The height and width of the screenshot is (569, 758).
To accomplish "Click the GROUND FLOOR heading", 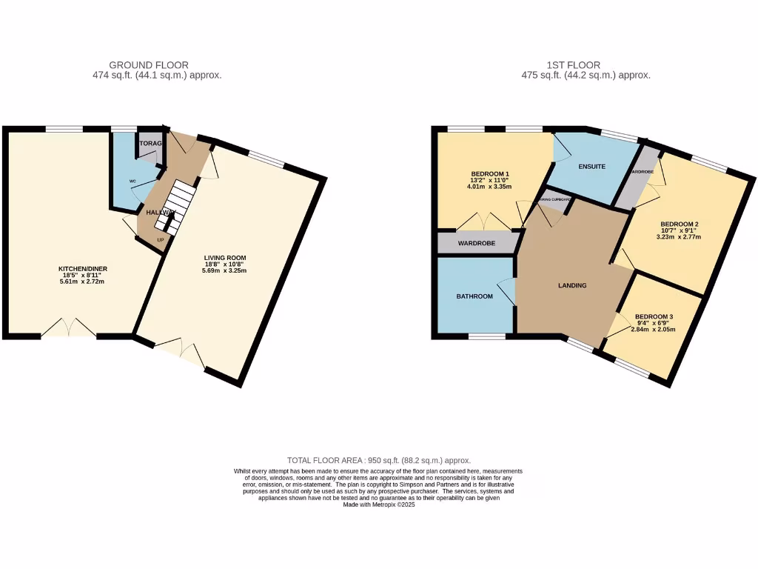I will pos(149,65).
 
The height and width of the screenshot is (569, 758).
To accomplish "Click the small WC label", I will pos(133,181).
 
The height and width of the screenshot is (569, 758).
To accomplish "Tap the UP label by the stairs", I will pos(160,240).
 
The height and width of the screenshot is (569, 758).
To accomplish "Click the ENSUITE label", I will pos(592,167).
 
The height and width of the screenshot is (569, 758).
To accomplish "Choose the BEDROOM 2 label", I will pos(680,224).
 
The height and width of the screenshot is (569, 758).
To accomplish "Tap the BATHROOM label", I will pos(474,296).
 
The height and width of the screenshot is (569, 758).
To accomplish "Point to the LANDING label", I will pos(572,285).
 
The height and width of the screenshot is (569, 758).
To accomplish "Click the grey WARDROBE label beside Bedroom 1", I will pos(475,242).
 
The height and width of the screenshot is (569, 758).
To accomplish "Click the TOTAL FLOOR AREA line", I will pos(378,460).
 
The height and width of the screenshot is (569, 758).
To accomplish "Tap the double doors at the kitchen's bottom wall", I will pos(68,328).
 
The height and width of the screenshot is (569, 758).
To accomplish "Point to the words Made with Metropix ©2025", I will pos(378,505).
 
